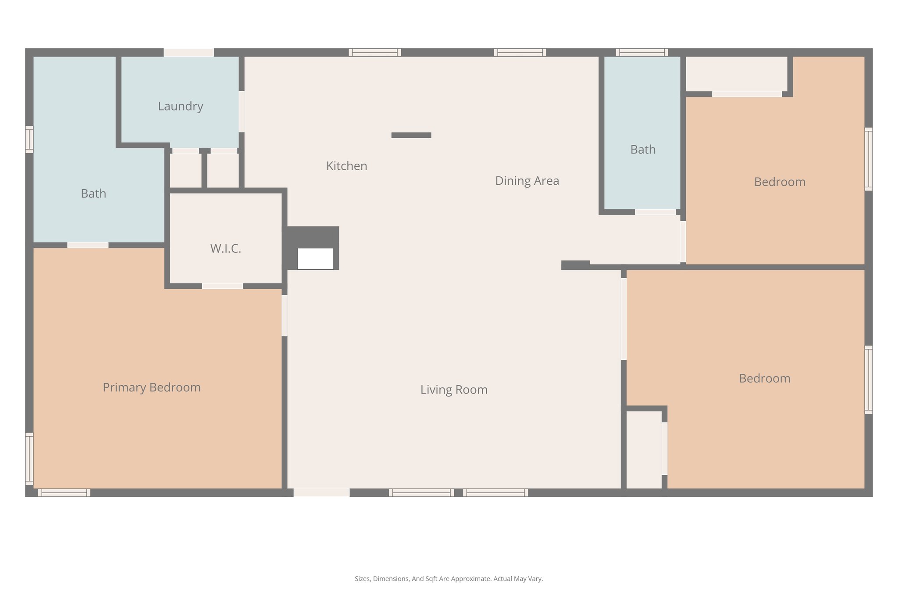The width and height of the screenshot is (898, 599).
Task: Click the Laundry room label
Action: [x=180, y=106]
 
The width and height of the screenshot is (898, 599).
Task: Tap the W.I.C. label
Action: [x=225, y=249]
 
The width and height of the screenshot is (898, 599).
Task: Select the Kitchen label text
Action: [x=346, y=166]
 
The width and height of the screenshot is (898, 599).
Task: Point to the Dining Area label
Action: [x=527, y=181]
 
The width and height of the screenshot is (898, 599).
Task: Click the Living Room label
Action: [x=453, y=390]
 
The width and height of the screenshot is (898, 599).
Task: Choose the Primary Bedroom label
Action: [x=151, y=387]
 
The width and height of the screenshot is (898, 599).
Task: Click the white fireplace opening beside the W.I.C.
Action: [x=315, y=259]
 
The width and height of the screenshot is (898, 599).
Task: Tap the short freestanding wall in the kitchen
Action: [x=411, y=135]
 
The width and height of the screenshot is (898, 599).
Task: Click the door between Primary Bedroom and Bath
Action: [x=88, y=245]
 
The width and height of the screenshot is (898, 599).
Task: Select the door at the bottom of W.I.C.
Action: [x=222, y=286]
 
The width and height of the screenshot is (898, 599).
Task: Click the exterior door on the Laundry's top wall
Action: [x=189, y=53]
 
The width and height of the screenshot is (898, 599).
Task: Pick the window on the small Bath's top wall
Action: [x=641, y=53]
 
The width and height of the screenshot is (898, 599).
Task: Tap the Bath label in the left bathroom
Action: [x=93, y=194]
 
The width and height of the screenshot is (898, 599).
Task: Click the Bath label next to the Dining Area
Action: [x=643, y=150]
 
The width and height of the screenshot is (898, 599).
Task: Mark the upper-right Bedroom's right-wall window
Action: [x=868, y=159]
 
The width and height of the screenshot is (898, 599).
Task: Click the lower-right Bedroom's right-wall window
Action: [x=868, y=380]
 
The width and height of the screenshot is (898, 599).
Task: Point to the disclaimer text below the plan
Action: [x=449, y=579]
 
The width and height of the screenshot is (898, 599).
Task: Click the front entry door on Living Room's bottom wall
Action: [x=321, y=493]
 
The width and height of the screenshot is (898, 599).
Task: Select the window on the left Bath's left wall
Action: [x=29, y=140]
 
